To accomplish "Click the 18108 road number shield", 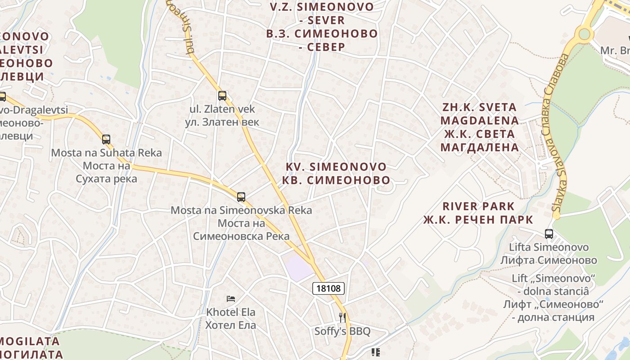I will pyautogui.click(x=328, y=288).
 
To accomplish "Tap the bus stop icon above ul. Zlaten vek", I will pyautogui.click(x=222, y=95).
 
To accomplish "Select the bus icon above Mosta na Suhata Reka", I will pyautogui.click(x=106, y=139).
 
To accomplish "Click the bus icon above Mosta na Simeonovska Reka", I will pyautogui.click(x=241, y=197).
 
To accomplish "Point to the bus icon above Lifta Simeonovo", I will pyautogui.click(x=549, y=234).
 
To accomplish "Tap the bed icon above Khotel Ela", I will pyautogui.click(x=231, y=298).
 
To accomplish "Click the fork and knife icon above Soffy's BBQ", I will pyautogui.click(x=342, y=318).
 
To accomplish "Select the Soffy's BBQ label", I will pyautogui.click(x=342, y=332).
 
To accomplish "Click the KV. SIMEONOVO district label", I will pyautogui.click(x=336, y=167).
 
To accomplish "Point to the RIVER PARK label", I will pyautogui.click(x=478, y=207).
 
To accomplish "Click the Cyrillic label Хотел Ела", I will pyautogui.click(x=231, y=325).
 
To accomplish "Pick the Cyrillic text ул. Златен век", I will pyautogui.click(x=222, y=122).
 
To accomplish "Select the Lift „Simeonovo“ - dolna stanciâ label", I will pyautogui.click(x=553, y=284).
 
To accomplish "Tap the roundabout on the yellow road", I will pyautogui.click(x=584, y=34).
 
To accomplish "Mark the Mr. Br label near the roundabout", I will pyautogui.click(x=615, y=50).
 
